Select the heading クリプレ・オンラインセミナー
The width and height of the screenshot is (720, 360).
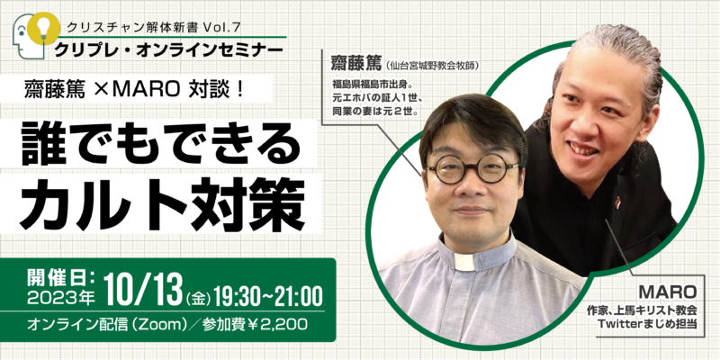(168, 49)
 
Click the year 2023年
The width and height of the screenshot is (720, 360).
(60, 299)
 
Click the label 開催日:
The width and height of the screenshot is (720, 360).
(61, 279)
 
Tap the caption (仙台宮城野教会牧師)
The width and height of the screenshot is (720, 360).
(432, 65)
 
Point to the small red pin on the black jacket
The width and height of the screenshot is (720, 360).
(617, 202)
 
